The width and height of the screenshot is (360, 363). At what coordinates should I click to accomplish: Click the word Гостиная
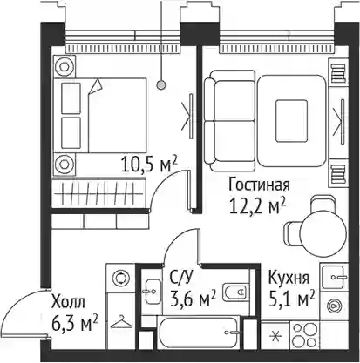click(x=259, y=185)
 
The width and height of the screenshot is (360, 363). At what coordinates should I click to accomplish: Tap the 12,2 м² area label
click(x=257, y=205)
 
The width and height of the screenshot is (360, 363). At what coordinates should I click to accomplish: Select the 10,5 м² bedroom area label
click(x=149, y=165)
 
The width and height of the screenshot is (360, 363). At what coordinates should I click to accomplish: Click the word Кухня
click(x=289, y=278)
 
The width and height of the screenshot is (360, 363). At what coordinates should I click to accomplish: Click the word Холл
click(x=68, y=302)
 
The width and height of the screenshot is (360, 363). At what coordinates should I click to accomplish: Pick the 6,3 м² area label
click(x=74, y=323)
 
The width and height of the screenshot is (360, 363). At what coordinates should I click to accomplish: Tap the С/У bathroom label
click(x=180, y=278)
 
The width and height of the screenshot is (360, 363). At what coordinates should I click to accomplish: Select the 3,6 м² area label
click(x=193, y=299)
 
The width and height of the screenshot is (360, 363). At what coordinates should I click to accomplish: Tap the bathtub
click(x=199, y=333)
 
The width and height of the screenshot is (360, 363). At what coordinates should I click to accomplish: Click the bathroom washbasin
click(x=152, y=292)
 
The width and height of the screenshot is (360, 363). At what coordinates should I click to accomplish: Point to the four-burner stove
click(x=304, y=335)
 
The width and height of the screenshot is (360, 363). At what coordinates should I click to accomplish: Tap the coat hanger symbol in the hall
click(x=122, y=322)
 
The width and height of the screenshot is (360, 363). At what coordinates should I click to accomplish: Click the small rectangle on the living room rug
click(x=291, y=121)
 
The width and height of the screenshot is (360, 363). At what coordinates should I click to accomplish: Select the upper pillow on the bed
click(x=71, y=98)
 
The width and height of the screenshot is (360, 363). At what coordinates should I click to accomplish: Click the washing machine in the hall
click(x=120, y=279)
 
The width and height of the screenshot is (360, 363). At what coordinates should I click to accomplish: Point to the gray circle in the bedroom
click(x=161, y=85)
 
